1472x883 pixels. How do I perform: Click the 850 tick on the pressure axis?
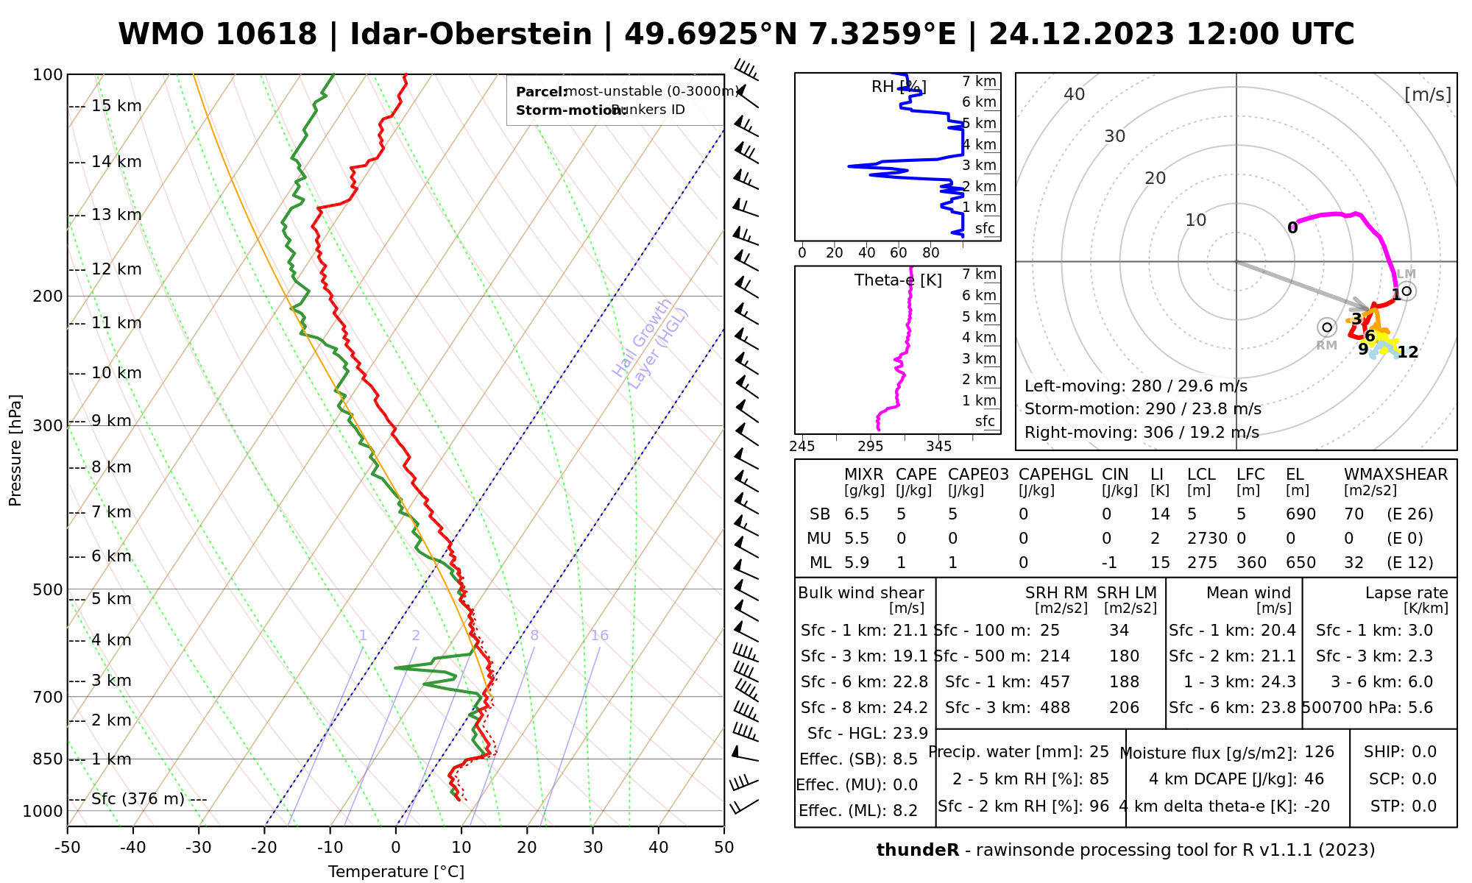pos(46,759)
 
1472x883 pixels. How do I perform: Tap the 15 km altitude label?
pos(116,106)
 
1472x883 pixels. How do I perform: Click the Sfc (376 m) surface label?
pos(138,799)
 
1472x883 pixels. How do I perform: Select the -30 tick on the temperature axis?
pos(198,847)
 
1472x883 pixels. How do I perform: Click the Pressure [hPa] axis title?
pos(15,450)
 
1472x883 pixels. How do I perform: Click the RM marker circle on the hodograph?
pos(1326,327)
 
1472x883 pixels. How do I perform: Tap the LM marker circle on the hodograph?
pos(1406,291)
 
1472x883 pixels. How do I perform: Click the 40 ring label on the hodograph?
pos(1075,94)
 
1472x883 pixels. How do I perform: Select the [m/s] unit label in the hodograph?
pos(1427,94)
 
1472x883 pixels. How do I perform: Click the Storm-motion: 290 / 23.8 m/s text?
pos(1142,409)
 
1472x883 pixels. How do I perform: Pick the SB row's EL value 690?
pos(1301,514)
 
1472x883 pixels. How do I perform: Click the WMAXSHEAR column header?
pos(1395,475)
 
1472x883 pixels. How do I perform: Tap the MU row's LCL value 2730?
pos(1207,539)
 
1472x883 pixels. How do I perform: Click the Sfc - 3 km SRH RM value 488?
pos(1055,708)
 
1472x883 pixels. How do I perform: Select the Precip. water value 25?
pos(1099,752)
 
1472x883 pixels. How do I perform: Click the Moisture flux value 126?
pos(1319,752)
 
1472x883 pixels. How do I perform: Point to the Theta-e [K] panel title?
pos(898,280)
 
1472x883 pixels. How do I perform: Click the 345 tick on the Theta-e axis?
pos(938,446)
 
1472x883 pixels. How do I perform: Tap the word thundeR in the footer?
pos(917,851)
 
